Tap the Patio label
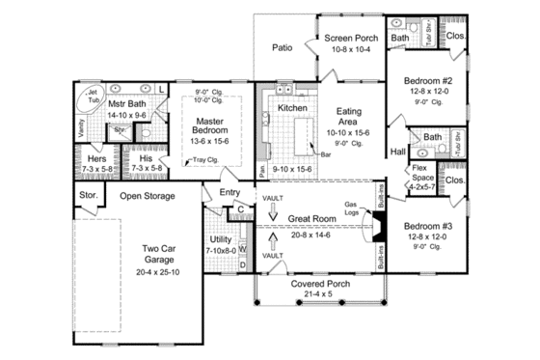click(282, 45)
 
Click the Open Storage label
click(147, 196)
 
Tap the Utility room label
click(222, 239)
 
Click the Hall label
click(397, 152)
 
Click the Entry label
click(229, 193)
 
